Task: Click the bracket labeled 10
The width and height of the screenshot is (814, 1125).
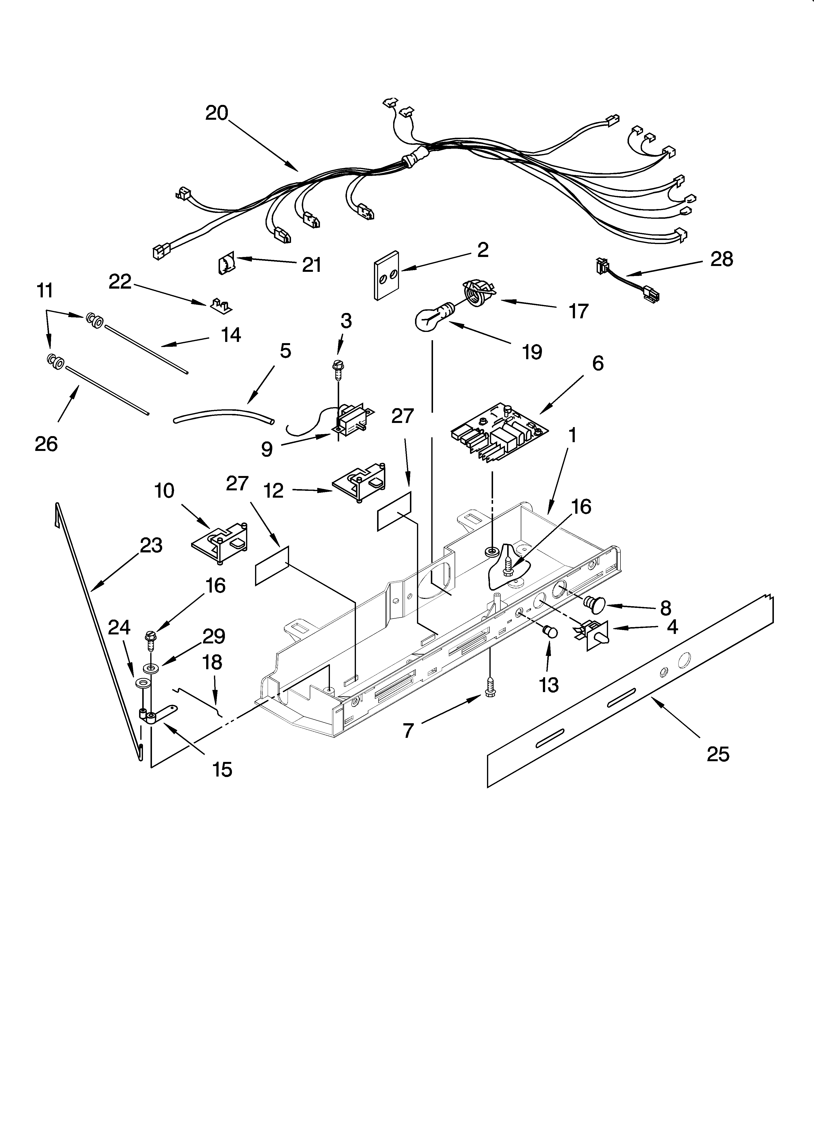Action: (x=220, y=546)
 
